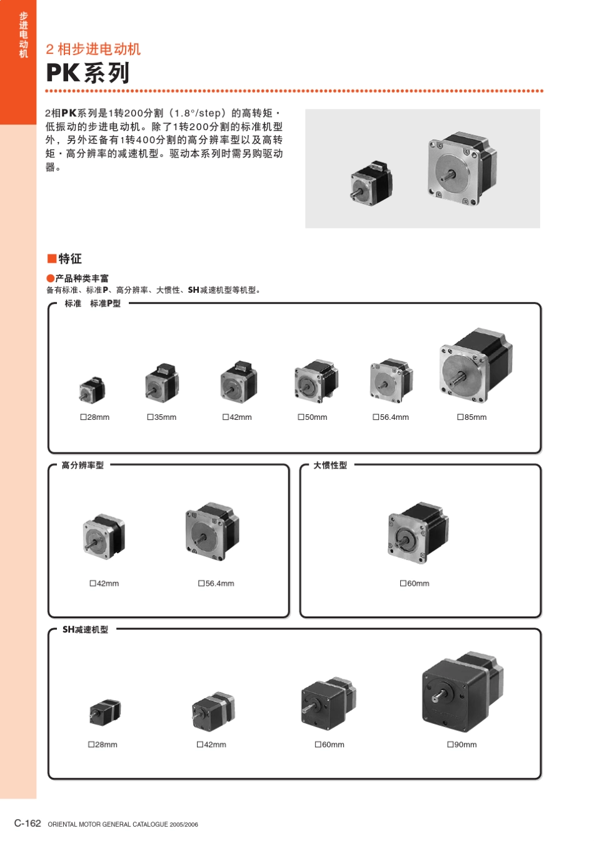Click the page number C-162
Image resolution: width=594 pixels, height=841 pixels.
pos(28,823)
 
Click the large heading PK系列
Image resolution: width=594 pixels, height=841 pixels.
pos(88,73)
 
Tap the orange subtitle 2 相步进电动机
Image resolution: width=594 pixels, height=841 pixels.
pos(93,49)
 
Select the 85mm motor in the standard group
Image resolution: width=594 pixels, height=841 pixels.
pos(475,365)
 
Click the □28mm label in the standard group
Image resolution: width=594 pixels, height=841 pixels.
pos(95,417)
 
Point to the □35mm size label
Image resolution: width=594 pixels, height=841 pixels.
pos(162,417)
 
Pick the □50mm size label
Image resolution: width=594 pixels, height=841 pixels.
pos(313,417)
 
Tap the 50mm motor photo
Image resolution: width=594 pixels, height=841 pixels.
pos(316,381)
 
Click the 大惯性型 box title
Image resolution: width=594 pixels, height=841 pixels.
pos(330,465)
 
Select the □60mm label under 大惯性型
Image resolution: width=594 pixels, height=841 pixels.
pos(415,583)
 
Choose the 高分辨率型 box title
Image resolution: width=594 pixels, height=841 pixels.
pos(83,465)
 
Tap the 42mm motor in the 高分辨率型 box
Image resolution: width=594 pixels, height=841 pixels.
pos(104,536)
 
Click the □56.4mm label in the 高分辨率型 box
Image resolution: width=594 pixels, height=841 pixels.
pos(216,583)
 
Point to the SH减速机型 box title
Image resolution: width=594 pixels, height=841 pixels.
pos(85,629)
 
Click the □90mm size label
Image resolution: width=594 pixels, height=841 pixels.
pos(462,745)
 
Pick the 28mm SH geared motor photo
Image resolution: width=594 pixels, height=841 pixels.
pos(104,711)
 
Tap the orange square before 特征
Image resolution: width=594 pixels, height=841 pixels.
pos(51,258)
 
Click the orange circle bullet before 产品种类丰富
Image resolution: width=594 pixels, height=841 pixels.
pos(50,278)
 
